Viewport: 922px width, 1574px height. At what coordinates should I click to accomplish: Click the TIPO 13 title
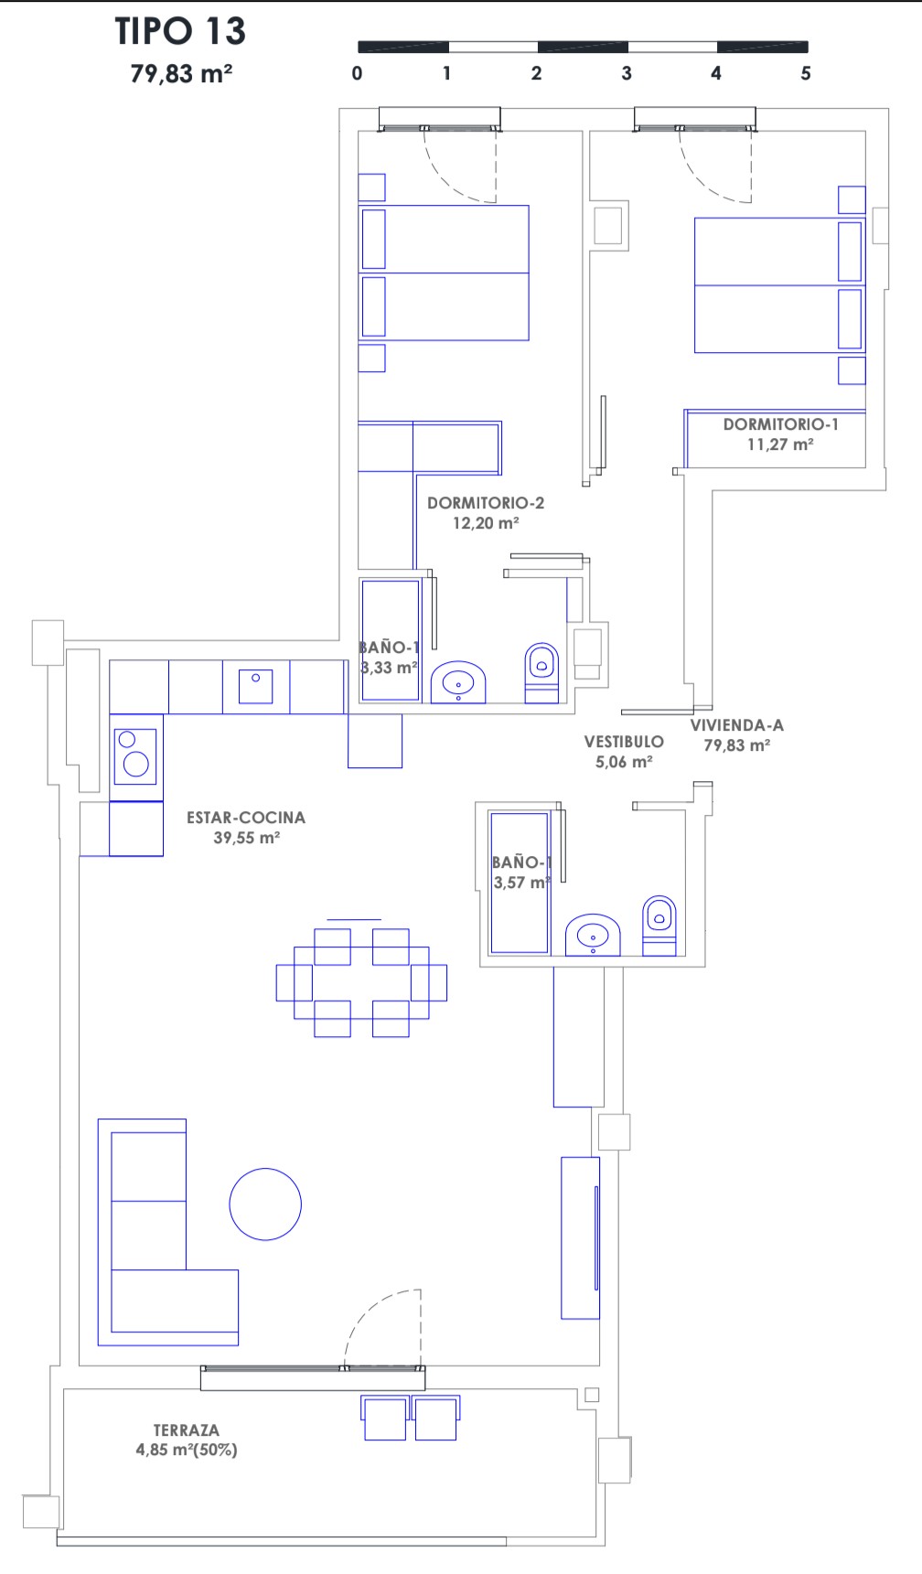click(x=180, y=31)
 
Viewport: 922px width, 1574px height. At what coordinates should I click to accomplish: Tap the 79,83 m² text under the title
click(x=181, y=74)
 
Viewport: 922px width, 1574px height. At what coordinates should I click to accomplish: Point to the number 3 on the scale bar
click(x=627, y=73)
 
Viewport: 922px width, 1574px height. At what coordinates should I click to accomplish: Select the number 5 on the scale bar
click(x=806, y=73)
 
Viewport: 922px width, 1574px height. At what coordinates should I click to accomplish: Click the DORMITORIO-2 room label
click(x=486, y=503)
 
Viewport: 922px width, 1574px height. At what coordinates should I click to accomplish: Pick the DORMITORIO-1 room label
click(x=781, y=424)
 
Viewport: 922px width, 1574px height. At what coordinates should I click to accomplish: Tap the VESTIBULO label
click(x=624, y=742)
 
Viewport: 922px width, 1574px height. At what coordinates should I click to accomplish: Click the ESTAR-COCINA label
click(x=246, y=818)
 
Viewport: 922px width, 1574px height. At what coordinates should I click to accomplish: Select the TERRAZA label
click(x=187, y=1430)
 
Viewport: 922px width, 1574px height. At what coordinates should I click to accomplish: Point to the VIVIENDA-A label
click(x=737, y=725)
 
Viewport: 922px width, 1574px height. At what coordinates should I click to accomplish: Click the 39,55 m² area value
click(x=247, y=838)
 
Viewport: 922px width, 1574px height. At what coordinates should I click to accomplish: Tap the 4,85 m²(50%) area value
click(x=187, y=1450)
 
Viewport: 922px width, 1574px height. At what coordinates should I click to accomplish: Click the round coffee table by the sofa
click(x=265, y=1205)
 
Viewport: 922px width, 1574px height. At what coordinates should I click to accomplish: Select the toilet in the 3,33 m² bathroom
click(x=541, y=673)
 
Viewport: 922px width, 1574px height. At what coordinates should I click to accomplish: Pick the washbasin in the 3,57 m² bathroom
click(x=593, y=936)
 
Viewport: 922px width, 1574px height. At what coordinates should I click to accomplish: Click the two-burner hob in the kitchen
click(x=135, y=754)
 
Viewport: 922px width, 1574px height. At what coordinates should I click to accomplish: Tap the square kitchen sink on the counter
click(x=256, y=687)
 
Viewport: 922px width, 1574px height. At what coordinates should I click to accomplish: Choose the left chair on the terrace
click(x=385, y=1419)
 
